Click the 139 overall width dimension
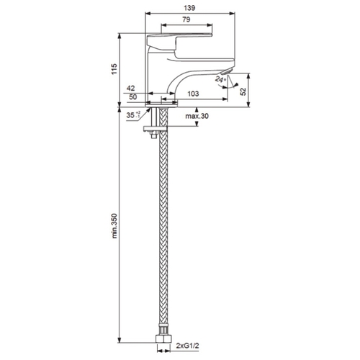pyautogui.click(x=189, y=8)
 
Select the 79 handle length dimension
pyautogui.click(x=186, y=19)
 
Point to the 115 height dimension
pyautogui.click(x=114, y=69)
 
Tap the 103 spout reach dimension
pyautogui.click(x=193, y=94)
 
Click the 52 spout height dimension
pyautogui.click(x=243, y=91)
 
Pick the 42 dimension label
pyautogui.click(x=131, y=89)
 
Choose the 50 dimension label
pyautogui.click(x=133, y=97)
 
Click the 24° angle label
pyautogui.click(x=220, y=78)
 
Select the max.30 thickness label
pyautogui.click(x=197, y=116)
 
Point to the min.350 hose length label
pyautogui.click(x=114, y=225)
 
